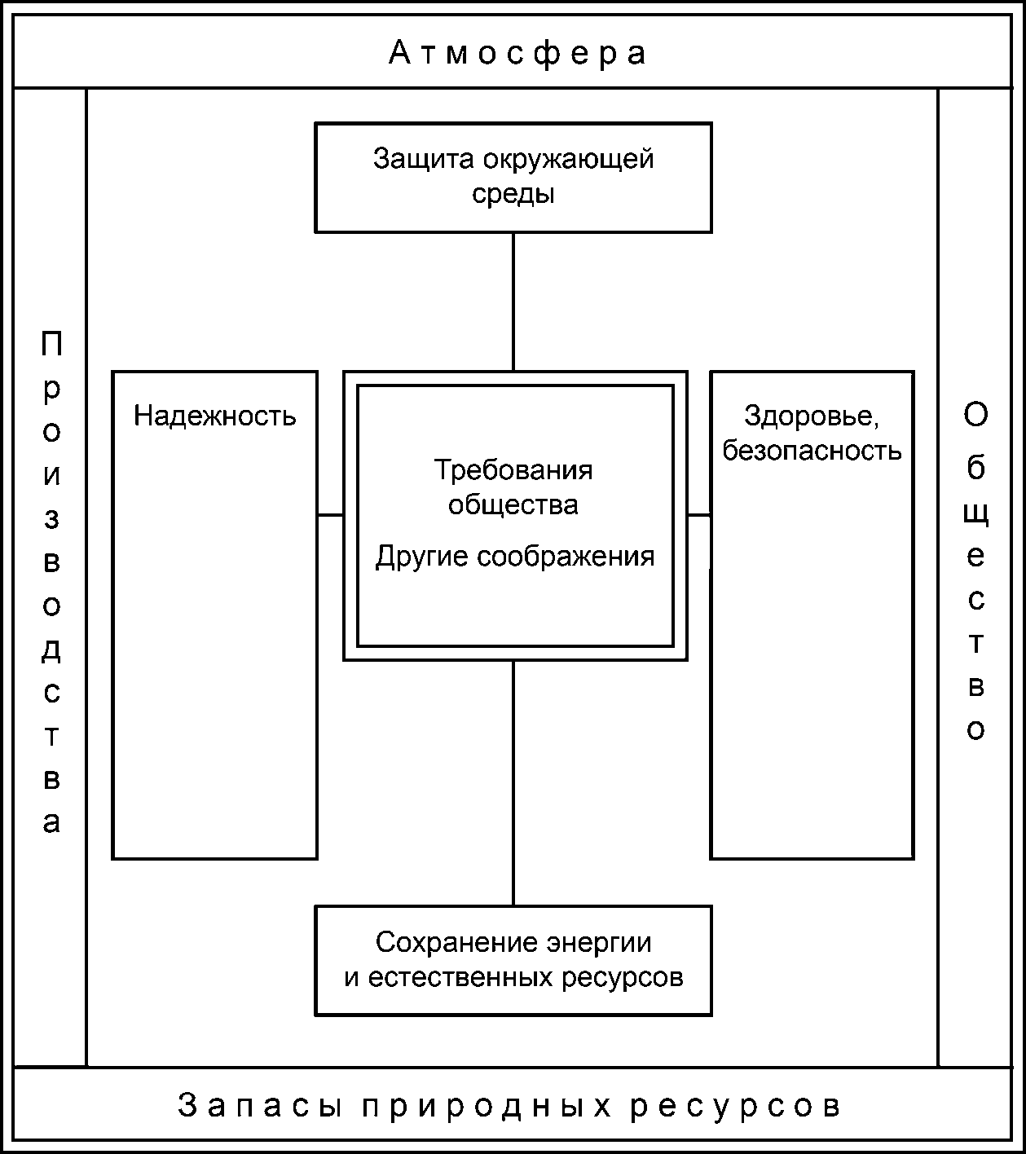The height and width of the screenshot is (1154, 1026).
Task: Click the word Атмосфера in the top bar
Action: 517,54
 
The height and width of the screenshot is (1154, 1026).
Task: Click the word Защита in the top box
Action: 424,159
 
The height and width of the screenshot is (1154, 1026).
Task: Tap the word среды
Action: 513,194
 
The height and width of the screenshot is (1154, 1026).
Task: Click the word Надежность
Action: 215,416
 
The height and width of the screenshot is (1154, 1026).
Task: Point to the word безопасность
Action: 812,450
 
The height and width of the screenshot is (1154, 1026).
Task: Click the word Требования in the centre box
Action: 513,470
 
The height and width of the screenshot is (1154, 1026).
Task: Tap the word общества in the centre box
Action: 513,504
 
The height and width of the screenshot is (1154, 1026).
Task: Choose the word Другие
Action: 422,557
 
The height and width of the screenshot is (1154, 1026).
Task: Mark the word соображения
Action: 566,557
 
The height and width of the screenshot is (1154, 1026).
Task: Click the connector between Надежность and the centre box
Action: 330,515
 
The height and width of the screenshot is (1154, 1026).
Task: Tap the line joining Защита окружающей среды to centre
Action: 513,302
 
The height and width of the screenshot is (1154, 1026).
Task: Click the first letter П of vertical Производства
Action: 51,345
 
